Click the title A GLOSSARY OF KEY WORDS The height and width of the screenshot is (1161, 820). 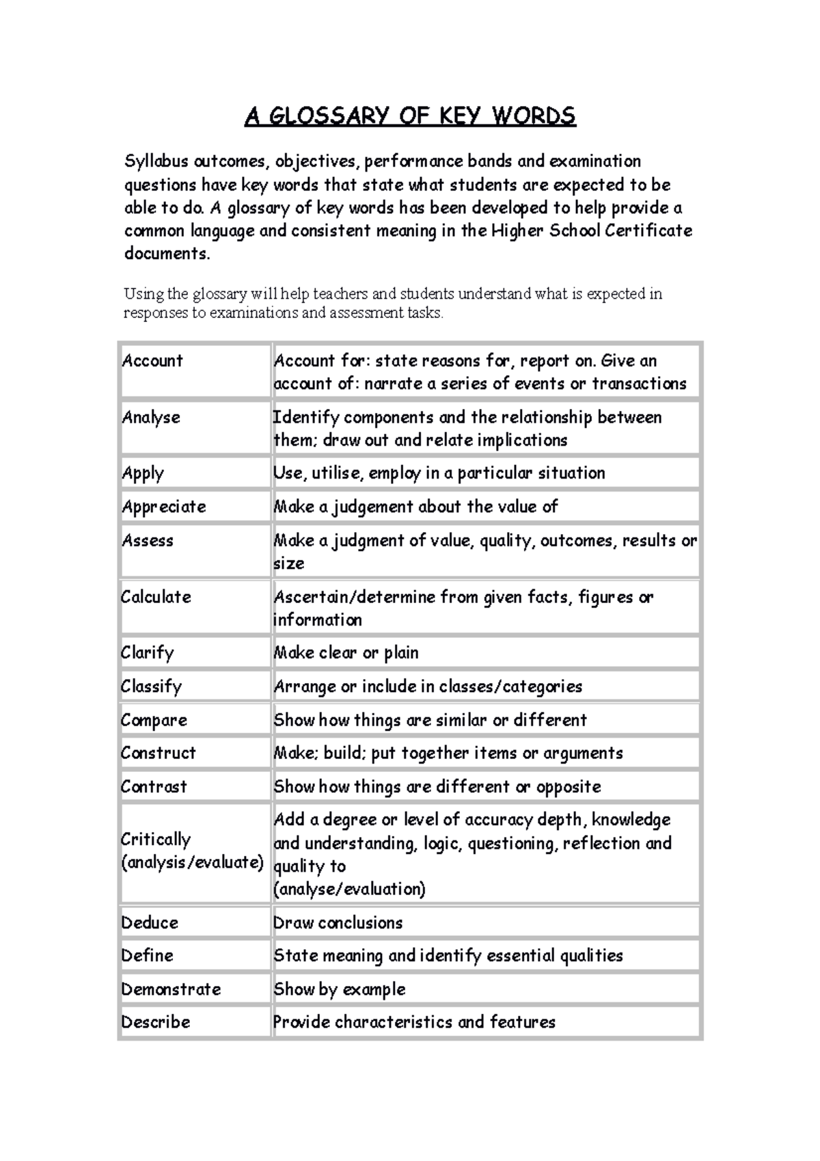click(410, 116)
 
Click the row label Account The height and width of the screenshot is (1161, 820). click(152, 360)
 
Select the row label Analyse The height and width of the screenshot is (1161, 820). click(151, 417)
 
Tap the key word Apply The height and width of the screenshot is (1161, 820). click(143, 473)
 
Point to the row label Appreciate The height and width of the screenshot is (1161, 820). click(164, 507)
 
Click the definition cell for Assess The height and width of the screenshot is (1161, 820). click(485, 551)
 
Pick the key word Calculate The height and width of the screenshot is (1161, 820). click(156, 597)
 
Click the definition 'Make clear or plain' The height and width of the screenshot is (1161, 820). click(346, 653)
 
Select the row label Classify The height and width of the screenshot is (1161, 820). click(151, 686)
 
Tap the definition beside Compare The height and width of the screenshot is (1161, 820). click(430, 720)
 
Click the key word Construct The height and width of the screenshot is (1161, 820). click(158, 753)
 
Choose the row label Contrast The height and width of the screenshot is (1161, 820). click(154, 786)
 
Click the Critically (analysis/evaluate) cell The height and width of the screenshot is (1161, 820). click(192, 851)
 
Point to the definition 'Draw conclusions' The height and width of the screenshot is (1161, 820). click(338, 922)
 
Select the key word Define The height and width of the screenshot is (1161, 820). click(147, 955)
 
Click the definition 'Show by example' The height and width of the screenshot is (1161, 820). click(340, 989)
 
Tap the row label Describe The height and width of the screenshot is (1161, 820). click(155, 1022)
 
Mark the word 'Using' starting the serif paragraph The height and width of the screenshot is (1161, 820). click(143, 294)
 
